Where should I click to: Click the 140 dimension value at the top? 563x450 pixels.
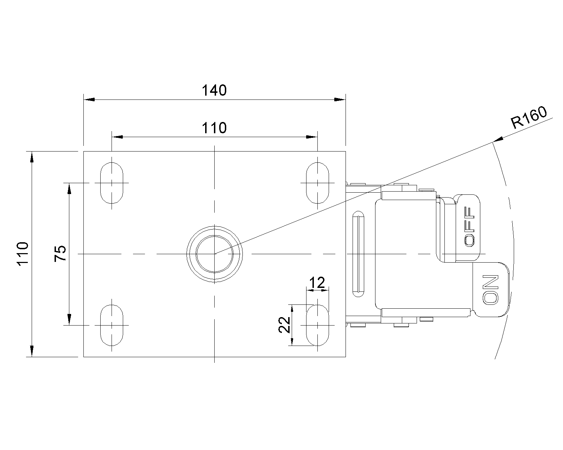pos(214,91)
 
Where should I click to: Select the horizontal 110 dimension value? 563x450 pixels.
pos(214,128)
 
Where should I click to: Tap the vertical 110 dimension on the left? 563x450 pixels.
pos(23,254)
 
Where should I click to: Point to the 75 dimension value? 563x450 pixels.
pos(61,253)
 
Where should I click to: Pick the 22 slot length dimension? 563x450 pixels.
pos(284,324)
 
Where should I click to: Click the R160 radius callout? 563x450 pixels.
pos(529,118)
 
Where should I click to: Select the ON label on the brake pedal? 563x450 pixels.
pos(491,289)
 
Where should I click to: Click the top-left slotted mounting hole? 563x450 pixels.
pos(112,183)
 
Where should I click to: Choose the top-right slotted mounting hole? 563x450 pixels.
pos(317,183)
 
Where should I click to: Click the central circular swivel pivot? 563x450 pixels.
pos(214,253)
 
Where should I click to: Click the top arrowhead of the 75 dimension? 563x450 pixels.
pos(69,188)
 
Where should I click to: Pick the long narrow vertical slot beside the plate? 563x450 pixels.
pos(358,254)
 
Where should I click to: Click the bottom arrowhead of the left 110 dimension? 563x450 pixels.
pos(32,351)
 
